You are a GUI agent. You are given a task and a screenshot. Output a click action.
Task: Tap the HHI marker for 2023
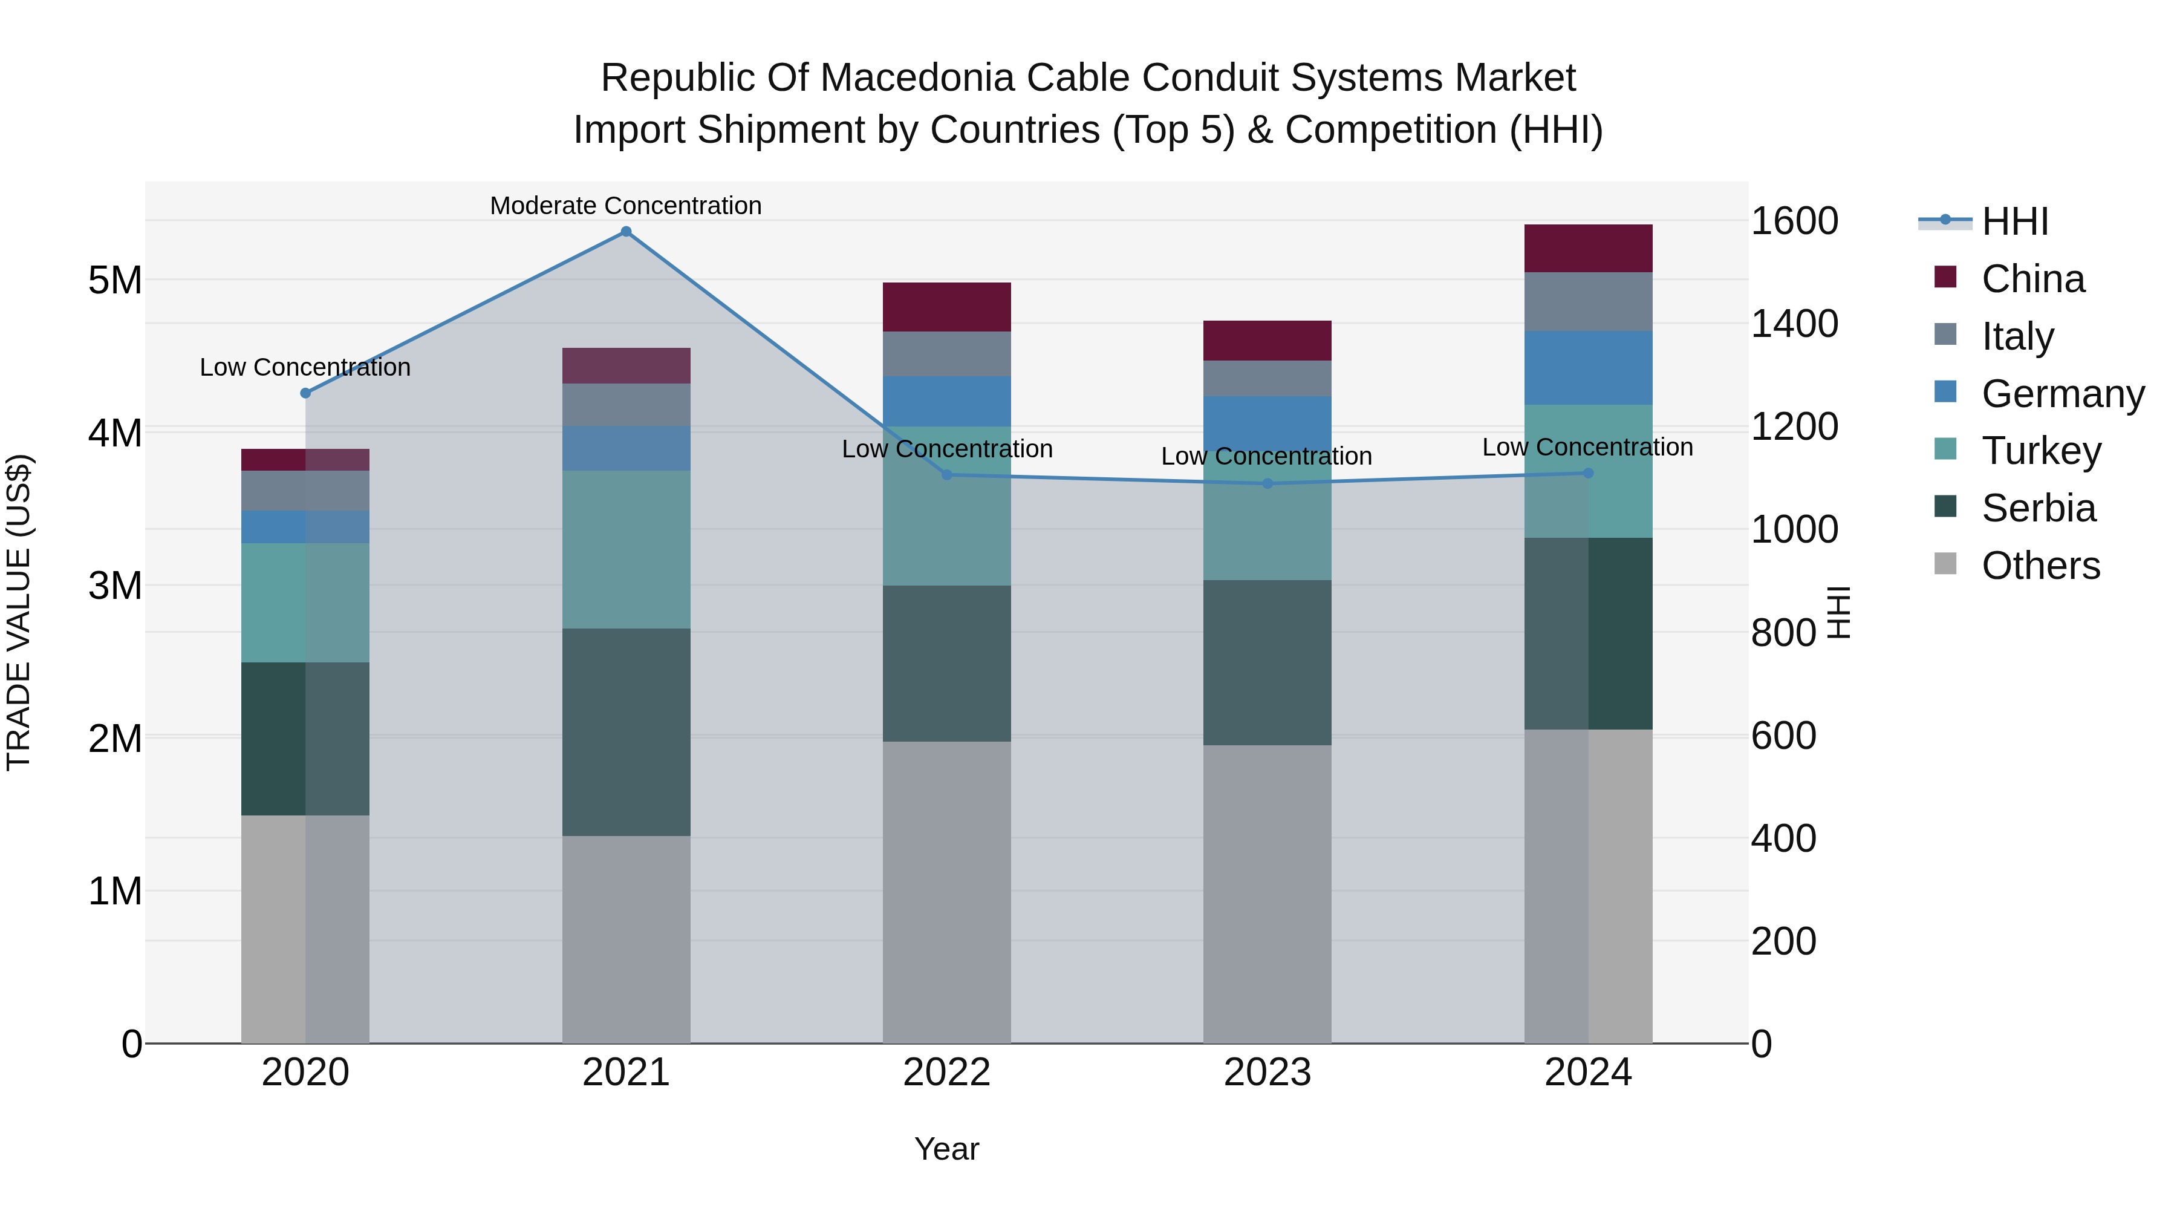(x=1267, y=483)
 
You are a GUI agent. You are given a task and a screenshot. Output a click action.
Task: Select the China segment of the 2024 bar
(x=1588, y=249)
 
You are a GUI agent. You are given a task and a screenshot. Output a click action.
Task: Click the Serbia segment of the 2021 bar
(x=626, y=732)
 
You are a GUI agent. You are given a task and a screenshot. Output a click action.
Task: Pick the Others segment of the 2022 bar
(x=946, y=892)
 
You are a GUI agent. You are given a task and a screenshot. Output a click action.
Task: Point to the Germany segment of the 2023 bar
(x=1267, y=423)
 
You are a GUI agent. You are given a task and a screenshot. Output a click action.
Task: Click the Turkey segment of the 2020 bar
(x=305, y=602)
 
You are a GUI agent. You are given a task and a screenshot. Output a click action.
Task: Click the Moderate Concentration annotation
(x=625, y=206)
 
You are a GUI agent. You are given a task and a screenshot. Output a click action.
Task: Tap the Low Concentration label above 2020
(x=305, y=367)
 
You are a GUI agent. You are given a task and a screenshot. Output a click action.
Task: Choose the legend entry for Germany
(x=2062, y=394)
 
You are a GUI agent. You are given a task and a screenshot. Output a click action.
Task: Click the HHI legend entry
(x=2015, y=221)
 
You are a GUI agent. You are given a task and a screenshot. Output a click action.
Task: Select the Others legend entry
(x=2040, y=566)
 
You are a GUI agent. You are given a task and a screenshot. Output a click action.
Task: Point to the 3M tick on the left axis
(x=115, y=585)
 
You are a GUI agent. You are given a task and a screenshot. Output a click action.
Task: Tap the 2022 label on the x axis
(x=946, y=1073)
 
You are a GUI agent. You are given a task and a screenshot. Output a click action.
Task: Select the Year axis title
(x=946, y=1149)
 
